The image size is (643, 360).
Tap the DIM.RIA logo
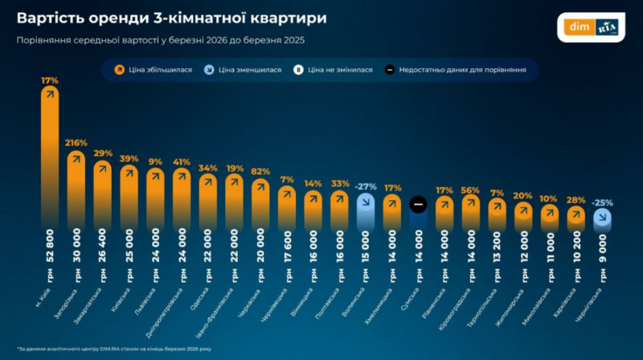590,27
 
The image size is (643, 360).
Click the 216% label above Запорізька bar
76,142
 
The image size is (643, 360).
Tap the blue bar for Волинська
366,211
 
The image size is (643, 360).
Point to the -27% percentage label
366,186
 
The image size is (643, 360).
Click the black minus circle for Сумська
418,205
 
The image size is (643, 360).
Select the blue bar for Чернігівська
602,217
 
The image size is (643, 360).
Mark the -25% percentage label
602,202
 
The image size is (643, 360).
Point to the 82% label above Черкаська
260,170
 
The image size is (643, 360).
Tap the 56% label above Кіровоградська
471,190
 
